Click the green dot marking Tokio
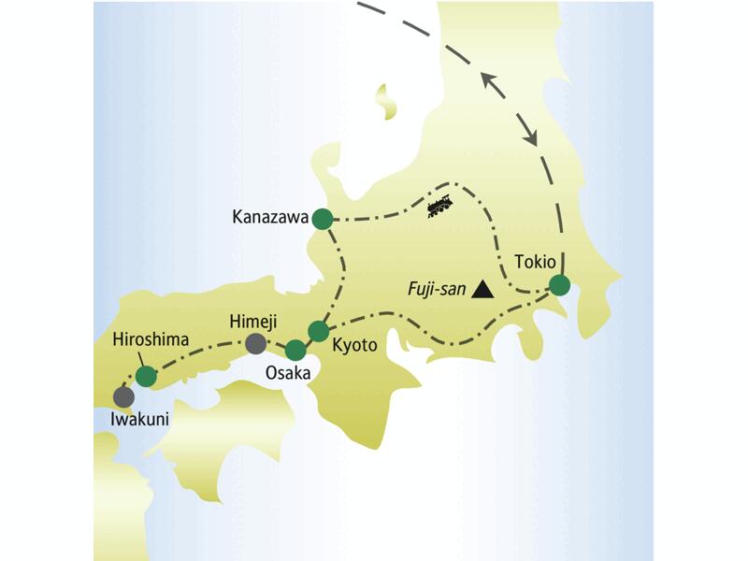(558, 285)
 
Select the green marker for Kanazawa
(322, 219)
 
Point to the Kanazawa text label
(269, 219)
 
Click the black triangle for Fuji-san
(482, 290)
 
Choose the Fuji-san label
(436, 290)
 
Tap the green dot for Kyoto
(319, 330)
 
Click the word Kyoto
(354, 345)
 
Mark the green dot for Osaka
(295, 351)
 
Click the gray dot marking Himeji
(255, 344)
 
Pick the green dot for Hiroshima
(146, 376)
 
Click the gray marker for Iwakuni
(122, 396)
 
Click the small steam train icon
(439, 205)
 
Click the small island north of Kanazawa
(383, 101)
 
